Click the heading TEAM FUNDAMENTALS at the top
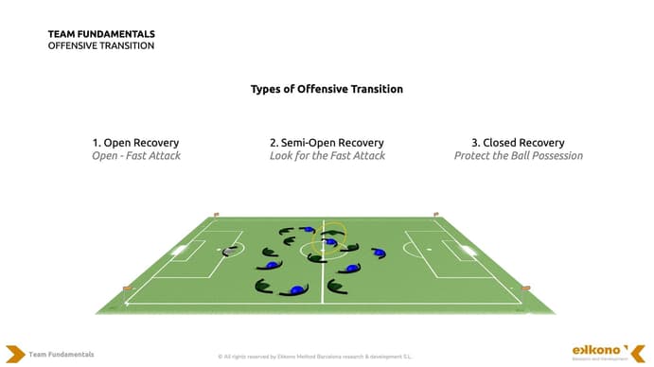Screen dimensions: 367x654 click(101, 34)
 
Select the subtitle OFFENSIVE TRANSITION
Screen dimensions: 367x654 click(101, 45)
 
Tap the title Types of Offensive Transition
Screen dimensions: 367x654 click(327, 89)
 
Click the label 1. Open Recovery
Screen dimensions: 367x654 click(135, 143)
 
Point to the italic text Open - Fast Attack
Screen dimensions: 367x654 click(135, 155)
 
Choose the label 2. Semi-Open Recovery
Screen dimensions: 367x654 click(327, 143)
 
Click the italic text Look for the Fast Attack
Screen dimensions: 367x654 click(327, 155)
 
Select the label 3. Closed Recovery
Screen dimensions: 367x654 click(518, 143)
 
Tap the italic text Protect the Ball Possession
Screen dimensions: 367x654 click(518, 155)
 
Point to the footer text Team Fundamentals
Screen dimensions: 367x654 click(62, 354)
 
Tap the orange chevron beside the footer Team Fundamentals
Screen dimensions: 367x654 click(14, 354)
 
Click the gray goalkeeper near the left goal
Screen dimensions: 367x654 click(228, 252)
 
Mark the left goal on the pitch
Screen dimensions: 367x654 click(179, 252)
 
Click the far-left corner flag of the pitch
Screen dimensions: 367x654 click(216, 216)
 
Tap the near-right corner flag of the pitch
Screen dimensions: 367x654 click(526, 287)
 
